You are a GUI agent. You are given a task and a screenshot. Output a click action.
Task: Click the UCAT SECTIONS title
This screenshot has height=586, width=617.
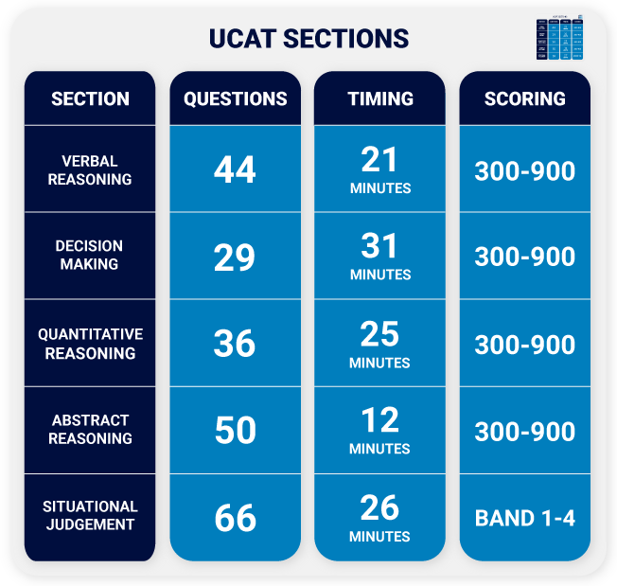coord(308,39)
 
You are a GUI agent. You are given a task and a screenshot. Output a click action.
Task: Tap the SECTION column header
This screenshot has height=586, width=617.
coord(90,98)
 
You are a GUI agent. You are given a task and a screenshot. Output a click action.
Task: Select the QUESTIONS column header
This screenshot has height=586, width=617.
coord(235,98)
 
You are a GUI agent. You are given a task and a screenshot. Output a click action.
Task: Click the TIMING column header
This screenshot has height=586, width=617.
coord(379,98)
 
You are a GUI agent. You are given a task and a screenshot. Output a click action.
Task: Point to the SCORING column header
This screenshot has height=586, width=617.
coord(524,98)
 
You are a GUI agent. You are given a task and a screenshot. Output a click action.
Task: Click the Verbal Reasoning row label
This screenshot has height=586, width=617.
coord(90,170)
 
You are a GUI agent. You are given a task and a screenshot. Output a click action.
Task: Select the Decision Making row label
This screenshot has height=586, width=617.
coord(90,256)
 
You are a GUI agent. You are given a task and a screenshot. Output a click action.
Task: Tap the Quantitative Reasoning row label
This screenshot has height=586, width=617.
coord(90,344)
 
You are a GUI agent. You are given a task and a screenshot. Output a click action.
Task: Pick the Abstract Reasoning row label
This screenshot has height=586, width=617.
coord(90,429)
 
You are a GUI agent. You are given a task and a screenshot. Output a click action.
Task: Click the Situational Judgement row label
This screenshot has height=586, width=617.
coord(90,516)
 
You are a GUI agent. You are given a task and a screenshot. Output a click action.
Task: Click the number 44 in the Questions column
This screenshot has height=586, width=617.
coord(235,170)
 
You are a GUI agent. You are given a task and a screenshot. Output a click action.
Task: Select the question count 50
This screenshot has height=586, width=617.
coord(235,431)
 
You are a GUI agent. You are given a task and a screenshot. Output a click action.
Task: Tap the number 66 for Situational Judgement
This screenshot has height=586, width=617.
coord(235,518)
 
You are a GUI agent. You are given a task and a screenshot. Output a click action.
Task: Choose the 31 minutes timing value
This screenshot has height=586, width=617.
coord(379,257)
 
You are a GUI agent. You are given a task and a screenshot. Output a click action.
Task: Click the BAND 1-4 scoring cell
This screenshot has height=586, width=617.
coord(524,518)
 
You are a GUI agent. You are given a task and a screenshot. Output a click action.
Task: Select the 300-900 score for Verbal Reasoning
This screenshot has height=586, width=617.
coord(524,171)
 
